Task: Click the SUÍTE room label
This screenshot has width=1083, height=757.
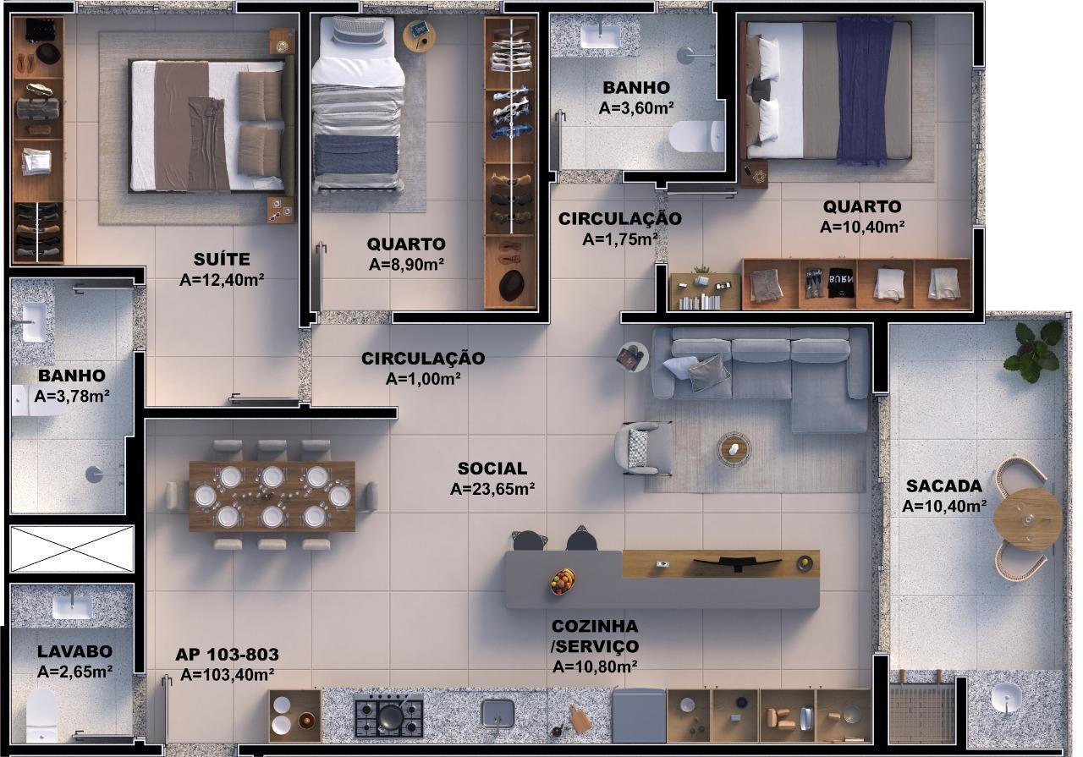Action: (x=222, y=259)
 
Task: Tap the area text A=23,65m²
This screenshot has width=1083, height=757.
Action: (x=492, y=489)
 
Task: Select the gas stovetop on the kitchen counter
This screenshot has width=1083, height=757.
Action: (x=388, y=716)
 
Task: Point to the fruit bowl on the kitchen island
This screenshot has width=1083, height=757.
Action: (x=562, y=581)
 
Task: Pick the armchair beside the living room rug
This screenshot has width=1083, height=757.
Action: (x=643, y=447)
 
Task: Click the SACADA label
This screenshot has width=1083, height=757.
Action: (x=944, y=485)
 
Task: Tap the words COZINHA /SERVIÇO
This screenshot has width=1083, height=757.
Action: (x=595, y=636)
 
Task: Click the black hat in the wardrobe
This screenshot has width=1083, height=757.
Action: (x=510, y=286)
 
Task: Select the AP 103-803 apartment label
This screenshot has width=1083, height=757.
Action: (x=227, y=655)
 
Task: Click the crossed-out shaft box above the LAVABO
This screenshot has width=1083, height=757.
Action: (x=72, y=550)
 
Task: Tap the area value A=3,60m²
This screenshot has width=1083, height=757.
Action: (x=636, y=108)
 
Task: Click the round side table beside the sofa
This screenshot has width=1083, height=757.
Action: (x=632, y=357)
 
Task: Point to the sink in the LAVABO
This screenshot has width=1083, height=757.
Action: (x=72, y=606)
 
